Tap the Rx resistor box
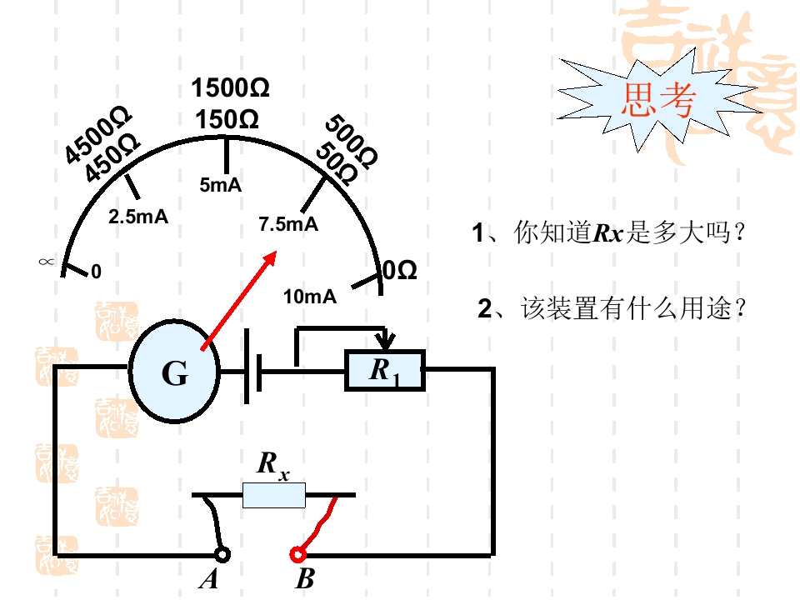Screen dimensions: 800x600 point(274,495)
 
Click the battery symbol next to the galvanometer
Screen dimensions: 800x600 point(253,367)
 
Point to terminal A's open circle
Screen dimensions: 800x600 point(222,555)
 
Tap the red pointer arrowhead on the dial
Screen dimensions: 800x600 point(269,257)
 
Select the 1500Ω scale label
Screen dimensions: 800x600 point(230,87)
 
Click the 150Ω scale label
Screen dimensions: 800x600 point(227,120)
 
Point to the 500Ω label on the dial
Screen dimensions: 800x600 point(352,142)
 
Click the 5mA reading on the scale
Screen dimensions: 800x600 point(220,185)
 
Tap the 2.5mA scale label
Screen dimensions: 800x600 point(138,217)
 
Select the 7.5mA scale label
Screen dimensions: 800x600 point(288,224)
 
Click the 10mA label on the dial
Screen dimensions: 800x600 point(310,297)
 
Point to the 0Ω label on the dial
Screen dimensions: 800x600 point(400,270)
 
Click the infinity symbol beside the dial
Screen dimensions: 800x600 point(46,262)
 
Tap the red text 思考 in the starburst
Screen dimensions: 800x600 point(658,99)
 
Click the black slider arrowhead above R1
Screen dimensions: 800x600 point(385,340)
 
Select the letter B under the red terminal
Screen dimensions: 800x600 point(305,578)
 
